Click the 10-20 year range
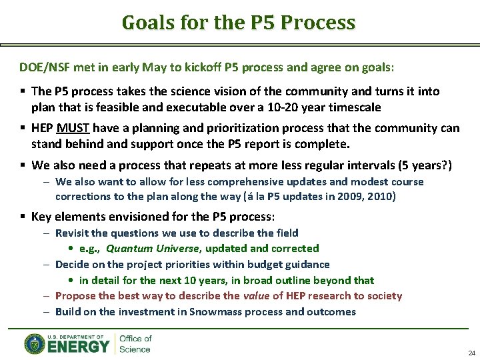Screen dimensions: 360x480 292,107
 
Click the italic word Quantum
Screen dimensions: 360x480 128,249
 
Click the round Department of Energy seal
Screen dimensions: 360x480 35,344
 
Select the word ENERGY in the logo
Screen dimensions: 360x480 78,347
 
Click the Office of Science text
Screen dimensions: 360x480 135,344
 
